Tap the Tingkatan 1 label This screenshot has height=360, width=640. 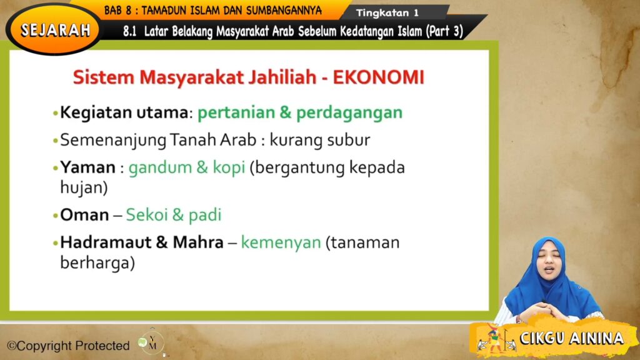(x=387, y=13)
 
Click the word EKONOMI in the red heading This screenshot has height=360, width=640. (x=379, y=77)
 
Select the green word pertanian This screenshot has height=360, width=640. (x=236, y=113)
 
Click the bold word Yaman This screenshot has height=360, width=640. (x=87, y=167)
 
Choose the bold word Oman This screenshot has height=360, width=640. (x=84, y=215)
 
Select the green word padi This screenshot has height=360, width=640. (x=205, y=216)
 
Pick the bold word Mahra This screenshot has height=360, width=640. (x=198, y=242)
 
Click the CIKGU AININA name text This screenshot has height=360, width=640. (x=572, y=338)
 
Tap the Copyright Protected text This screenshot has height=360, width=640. (x=69, y=346)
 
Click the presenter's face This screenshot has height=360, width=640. (x=548, y=263)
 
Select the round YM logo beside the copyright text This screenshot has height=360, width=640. (x=151, y=342)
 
